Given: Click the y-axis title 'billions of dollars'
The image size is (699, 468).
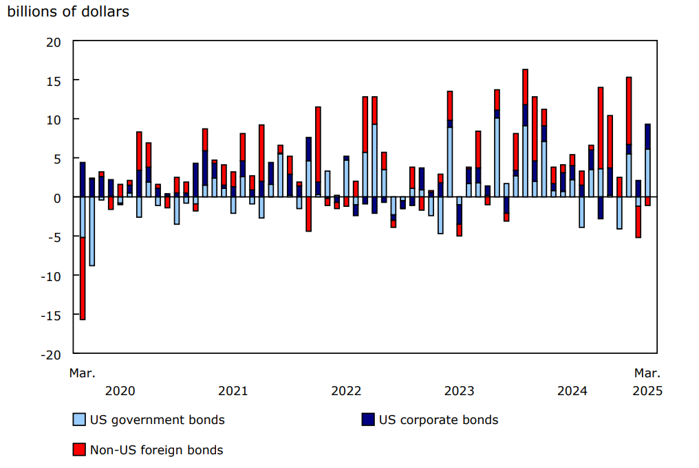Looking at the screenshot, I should point(68,12).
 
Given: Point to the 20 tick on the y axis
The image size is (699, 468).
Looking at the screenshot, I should point(54,42).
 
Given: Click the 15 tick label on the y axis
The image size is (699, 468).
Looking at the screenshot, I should point(54,80).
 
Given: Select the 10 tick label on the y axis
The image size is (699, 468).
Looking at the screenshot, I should point(54,120).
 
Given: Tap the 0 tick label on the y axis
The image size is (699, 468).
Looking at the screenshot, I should point(57,198).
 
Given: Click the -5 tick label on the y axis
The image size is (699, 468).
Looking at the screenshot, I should point(54,236).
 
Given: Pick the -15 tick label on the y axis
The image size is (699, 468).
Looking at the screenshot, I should point(52,315).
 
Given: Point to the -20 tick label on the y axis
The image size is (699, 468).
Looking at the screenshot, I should point(52,354).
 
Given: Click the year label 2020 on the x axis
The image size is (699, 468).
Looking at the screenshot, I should point(120,391).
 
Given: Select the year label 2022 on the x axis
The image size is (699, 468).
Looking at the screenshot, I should point(346,391).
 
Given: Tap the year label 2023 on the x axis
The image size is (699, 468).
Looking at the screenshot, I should point(459,391).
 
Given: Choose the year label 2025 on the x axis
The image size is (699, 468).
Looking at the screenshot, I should point(647,391).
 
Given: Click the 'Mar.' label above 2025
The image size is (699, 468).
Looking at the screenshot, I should point(647,373).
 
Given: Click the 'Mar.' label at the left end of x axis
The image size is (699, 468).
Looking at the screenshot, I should point(83,373).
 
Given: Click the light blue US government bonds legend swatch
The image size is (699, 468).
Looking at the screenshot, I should point(79,420).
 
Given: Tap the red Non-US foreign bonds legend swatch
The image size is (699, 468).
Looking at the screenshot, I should point(79,450).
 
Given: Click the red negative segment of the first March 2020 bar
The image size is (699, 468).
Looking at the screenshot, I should point(83,278).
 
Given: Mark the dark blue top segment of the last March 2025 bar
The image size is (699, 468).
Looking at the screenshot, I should point(647,136).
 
